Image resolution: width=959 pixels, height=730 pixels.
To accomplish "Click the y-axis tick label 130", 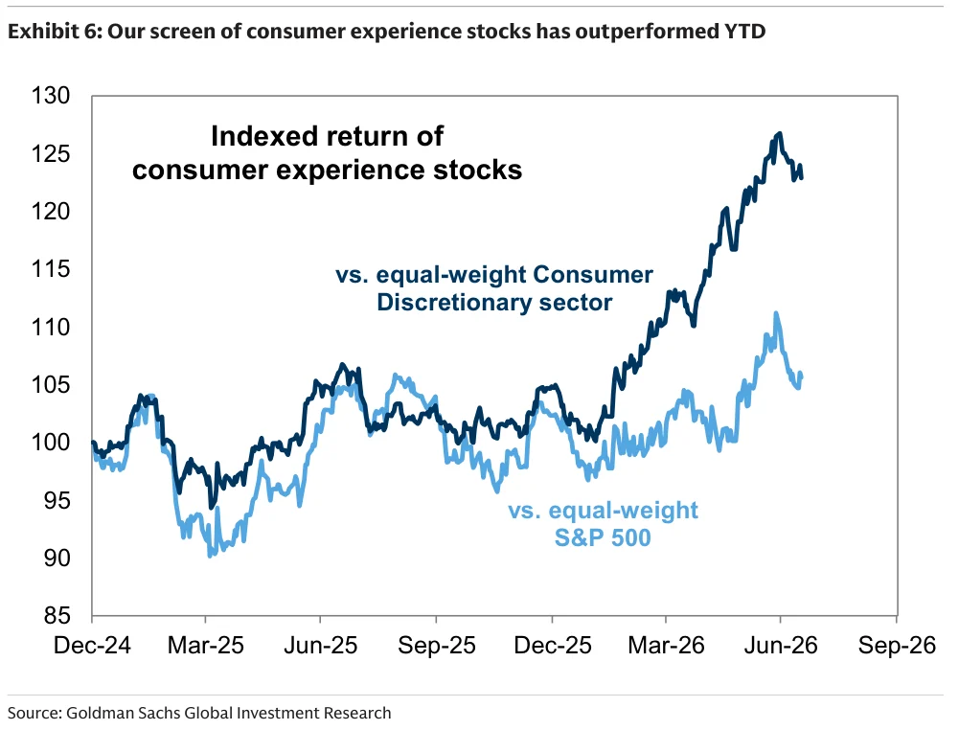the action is [51, 96].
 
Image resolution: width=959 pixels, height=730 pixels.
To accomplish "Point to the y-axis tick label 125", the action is [51, 153].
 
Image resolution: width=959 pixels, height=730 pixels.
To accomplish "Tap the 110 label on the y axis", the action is [51, 327].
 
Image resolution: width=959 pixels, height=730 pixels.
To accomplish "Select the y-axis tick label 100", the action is [51, 442].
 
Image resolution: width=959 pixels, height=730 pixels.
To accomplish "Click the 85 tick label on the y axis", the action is [57, 616].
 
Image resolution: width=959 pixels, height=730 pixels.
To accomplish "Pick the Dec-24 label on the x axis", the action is [92, 646].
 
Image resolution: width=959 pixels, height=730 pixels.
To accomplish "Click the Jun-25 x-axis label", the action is [321, 646].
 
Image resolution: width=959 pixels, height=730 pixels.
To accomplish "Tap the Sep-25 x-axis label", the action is [437, 646].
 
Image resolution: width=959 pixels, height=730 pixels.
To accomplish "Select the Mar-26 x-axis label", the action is [666, 646].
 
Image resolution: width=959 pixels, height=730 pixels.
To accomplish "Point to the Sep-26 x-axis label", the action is [897, 646].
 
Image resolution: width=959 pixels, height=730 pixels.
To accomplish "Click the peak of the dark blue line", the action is [779, 132].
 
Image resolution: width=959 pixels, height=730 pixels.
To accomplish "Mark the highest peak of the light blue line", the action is [776, 313].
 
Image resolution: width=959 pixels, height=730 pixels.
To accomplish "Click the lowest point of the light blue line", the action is [211, 555].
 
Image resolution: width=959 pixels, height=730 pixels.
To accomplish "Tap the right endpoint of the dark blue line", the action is [801, 177].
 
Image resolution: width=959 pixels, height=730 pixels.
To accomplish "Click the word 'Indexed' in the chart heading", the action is [257, 136].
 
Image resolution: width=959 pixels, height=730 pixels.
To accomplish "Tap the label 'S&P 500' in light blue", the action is [603, 538].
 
